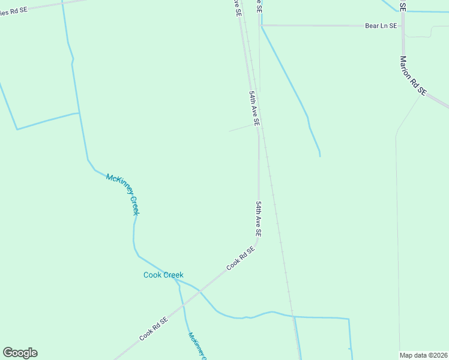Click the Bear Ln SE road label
pos(381,26)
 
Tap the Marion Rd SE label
pos(413,76)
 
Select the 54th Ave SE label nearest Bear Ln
pos(255,109)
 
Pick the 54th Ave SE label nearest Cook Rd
pos(258,218)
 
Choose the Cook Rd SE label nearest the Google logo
pos(154,329)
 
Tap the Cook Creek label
pos(163,275)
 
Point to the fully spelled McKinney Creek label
pos(122,194)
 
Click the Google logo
pos(20,353)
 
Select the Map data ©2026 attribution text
pos(423,355)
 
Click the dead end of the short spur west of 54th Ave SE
pos(229,131)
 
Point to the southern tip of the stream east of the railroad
pos(320,157)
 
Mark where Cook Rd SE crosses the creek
pos(200,290)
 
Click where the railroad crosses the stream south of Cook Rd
pos(293,316)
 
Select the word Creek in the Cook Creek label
pos(172,275)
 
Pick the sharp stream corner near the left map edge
pos(17,129)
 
